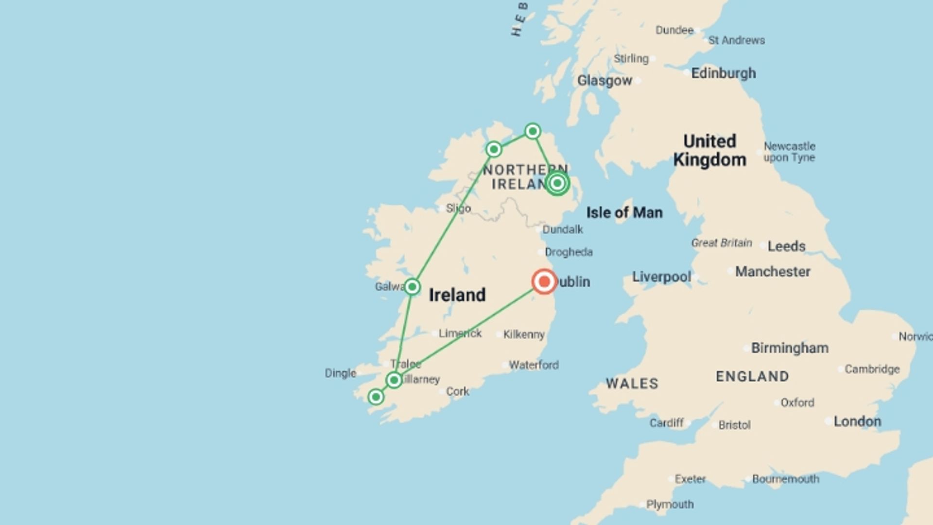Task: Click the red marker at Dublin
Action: tap(544, 282)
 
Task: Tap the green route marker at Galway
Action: tap(412, 287)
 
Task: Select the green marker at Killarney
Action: tap(394, 380)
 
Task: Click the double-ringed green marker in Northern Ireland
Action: tap(557, 183)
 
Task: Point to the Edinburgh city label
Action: tap(723, 73)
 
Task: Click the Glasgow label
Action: tap(605, 81)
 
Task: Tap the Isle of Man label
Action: tap(624, 212)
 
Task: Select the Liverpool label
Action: tap(661, 277)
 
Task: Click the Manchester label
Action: tap(772, 272)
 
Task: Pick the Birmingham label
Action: tap(790, 348)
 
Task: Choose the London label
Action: tap(857, 421)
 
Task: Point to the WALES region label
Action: tap(632, 384)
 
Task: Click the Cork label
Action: tap(457, 391)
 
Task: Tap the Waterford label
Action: tap(534, 365)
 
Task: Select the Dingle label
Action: tap(340, 373)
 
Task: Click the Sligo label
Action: tap(458, 209)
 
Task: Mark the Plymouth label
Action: tap(670, 505)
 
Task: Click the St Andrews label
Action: tap(736, 40)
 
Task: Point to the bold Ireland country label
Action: tap(457, 295)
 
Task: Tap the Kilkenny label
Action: tap(524, 334)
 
